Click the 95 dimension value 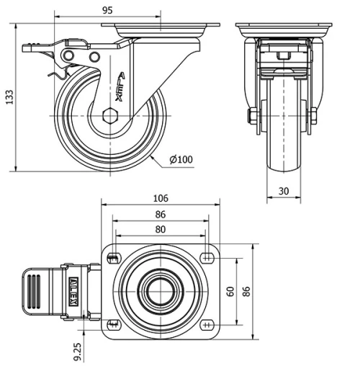pyautogui.click(x=107, y=10)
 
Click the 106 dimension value pyautogui.click(x=160, y=198)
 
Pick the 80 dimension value pyautogui.click(x=160, y=229)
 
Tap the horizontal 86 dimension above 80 pyautogui.click(x=160, y=214)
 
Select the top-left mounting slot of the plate pyautogui.click(x=112, y=258)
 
